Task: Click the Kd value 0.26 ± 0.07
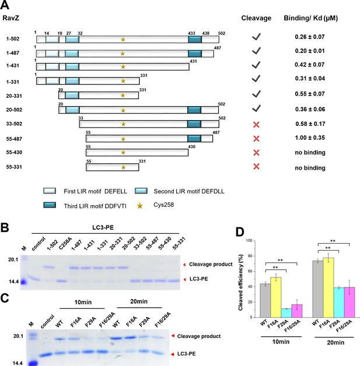(x=310, y=37)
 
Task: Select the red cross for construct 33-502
(x=256, y=124)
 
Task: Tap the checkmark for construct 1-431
(x=256, y=65)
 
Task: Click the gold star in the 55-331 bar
(x=123, y=167)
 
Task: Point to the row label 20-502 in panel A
(x=14, y=110)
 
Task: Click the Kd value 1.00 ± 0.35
(x=310, y=138)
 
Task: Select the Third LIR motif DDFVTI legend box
(x=50, y=205)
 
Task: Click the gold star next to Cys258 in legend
(x=139, y=206)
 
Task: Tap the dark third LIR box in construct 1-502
(x=195, y=40)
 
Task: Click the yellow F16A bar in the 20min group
(x=328, y=287)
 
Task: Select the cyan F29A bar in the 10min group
(x=286, y=313)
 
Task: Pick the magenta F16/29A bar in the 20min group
(x=349, y=302)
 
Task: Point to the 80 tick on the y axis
(x=250, y=256)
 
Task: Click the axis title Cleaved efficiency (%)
(x=240, y=282)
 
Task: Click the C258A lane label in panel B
(x=65, y=244)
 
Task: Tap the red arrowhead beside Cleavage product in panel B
(x=184, y=265)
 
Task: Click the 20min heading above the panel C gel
(x=139, y=301)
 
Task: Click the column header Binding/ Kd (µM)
(x=311, y=18)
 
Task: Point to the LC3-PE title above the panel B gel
(x=103, y=227)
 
